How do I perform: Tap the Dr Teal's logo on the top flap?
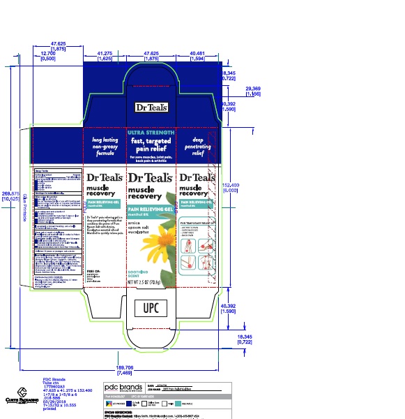[149, 108]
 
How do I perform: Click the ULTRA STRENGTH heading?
[149, 132]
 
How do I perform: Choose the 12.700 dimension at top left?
[48, 55]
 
